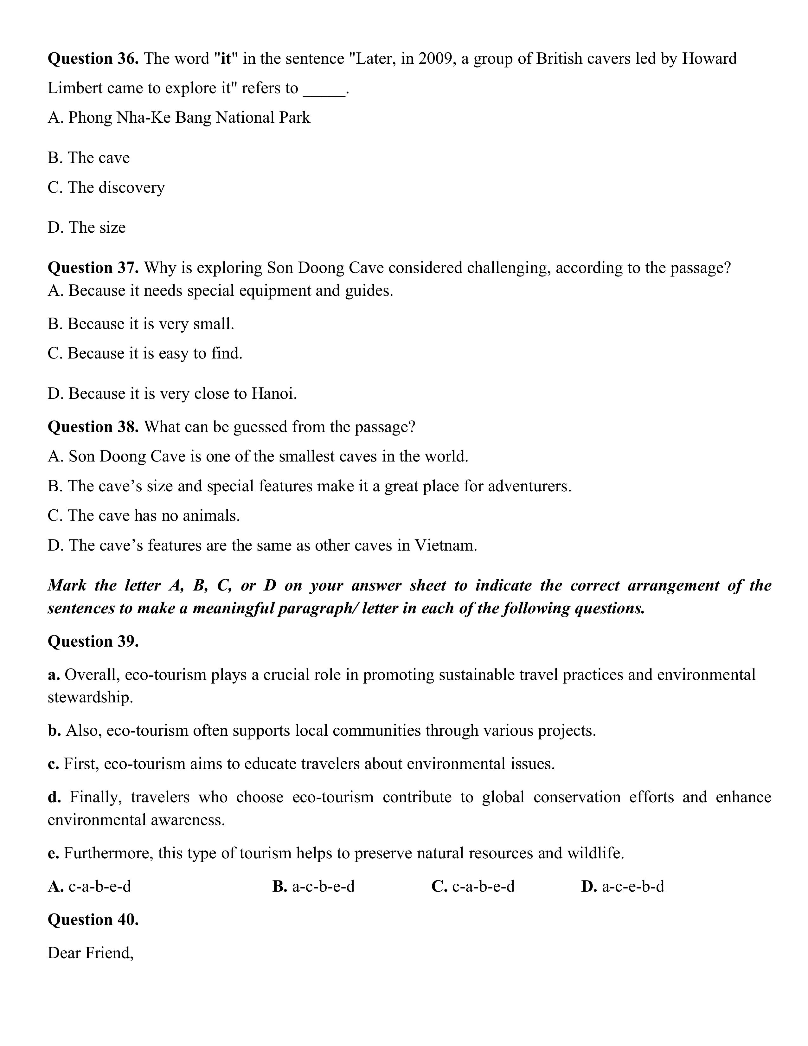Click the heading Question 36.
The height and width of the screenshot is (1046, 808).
[x=93, y=59]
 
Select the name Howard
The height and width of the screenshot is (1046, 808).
[x=709, y=59]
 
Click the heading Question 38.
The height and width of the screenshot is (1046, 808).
[x=93, y=426]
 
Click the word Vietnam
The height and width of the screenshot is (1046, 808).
[x=445, y=545]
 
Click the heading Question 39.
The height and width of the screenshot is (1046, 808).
[x=93, y=641]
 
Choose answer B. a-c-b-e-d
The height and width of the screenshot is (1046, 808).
[x=313, y=886]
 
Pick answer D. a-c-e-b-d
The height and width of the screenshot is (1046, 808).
[x=623, y=886]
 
